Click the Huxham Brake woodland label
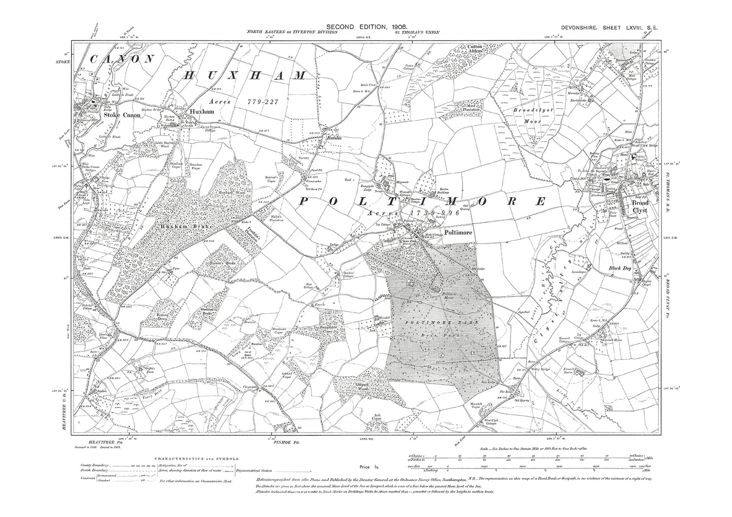179,227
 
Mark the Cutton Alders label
478,49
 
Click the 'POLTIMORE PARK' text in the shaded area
427,321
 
